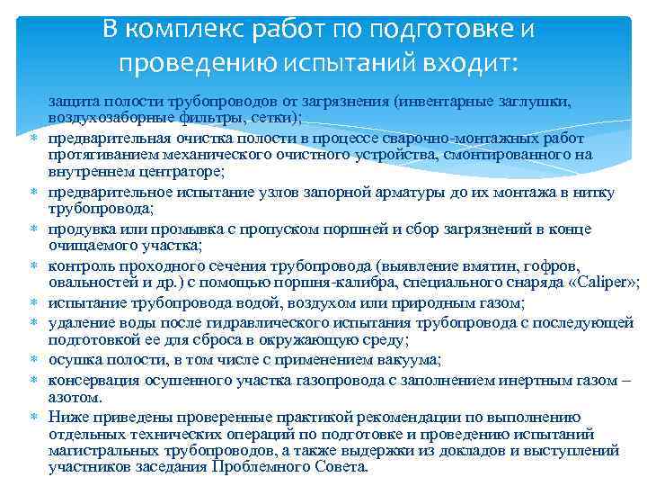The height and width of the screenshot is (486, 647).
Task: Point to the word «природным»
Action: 429,303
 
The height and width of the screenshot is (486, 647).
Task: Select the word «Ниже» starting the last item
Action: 66,415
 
